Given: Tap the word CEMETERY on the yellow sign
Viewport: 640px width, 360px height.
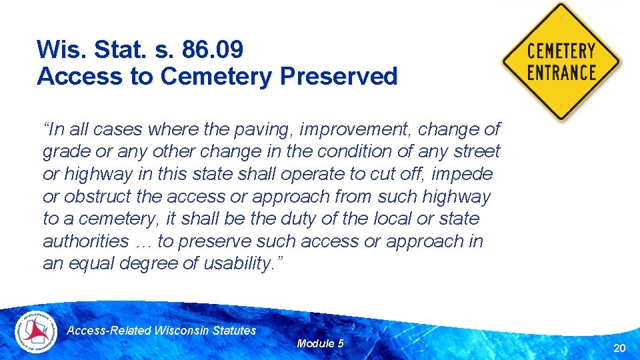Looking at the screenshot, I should (561, 51).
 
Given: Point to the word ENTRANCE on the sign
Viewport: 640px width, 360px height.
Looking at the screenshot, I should (561, 71).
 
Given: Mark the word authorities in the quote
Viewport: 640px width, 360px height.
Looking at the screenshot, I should (85, 241).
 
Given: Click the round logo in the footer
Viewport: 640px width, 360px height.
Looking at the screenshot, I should (37, 331).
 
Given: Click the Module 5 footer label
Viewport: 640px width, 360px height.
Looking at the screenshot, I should (320, 343).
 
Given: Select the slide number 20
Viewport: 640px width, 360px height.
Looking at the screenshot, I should (619, 347).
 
